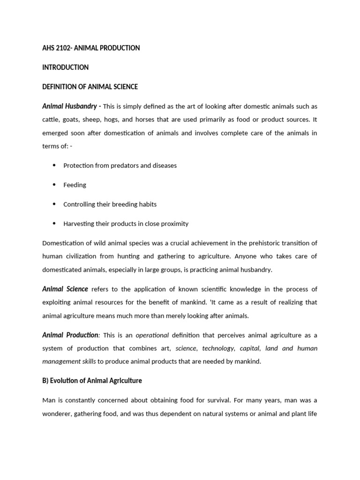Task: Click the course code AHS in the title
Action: [x=49, y=48]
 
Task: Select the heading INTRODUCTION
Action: [x=65, y=67]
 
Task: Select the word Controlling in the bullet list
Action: [x=79, y=204]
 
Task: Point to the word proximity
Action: [x=173, y=224]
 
